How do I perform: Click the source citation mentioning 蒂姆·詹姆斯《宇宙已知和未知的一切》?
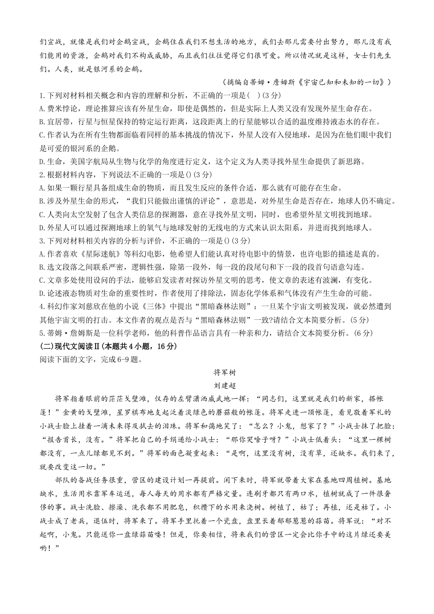(316, 83)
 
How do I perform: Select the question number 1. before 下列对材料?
(42, 96)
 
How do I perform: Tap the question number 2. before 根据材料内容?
(42, 175)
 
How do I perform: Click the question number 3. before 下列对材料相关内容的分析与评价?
(42, 241)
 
